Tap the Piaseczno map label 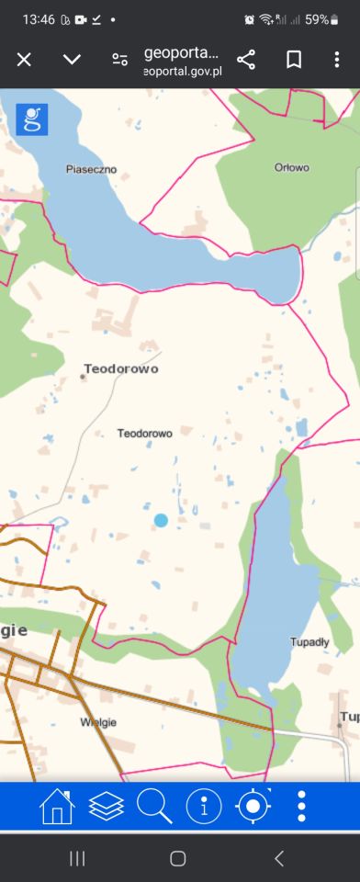point(92,169)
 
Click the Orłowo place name point(292,167)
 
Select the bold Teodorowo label point(121,368)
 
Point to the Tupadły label point(309,641)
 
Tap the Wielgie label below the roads point(98,722)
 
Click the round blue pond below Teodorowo point(161,521)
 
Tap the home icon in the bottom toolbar point(57,807)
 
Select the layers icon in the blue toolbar point(107,807)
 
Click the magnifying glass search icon point(154,807)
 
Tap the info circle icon point(204,807)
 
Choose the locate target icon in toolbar point(253,807)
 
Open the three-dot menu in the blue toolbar point(301,807)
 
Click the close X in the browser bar point(24,60)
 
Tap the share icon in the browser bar point(246,60)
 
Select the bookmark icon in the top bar point(294,60)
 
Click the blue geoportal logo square point(32,119)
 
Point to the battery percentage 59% point(317,19)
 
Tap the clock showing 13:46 point(39,19)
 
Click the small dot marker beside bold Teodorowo point(83,376)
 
